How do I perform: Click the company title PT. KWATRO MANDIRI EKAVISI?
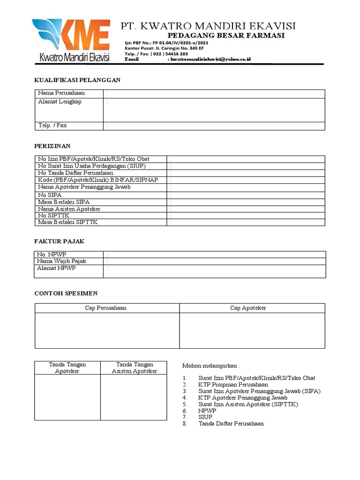pos(208,26)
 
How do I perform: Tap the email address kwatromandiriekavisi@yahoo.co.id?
pos(210,60)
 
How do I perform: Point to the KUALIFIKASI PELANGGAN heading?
pos(77,80)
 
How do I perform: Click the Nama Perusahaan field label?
pos(61,93)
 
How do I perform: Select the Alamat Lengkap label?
pos(60,102)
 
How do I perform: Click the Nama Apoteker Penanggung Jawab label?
pos(84,187)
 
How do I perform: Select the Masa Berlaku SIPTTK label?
pos(67,222)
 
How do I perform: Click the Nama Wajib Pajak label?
pos(62,261)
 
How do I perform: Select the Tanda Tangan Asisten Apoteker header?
pos(134,367)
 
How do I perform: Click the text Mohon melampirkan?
pos(210,366)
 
